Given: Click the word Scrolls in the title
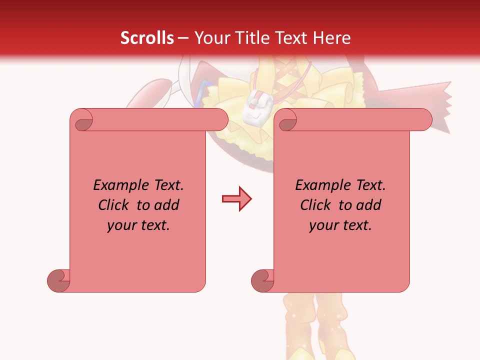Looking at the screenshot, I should pos(147,38).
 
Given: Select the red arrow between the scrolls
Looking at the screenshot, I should pos(236,199).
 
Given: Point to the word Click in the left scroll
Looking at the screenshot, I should pos(115,205).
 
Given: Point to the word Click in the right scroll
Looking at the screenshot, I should pos(317,205).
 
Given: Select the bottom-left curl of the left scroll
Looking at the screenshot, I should pos(58,280).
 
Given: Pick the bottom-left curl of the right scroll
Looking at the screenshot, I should pos(262,280).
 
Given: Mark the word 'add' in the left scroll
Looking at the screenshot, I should pos(166,205).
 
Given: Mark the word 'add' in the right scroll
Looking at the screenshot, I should pos(368,205).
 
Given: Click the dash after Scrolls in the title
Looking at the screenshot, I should pos(183,38).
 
